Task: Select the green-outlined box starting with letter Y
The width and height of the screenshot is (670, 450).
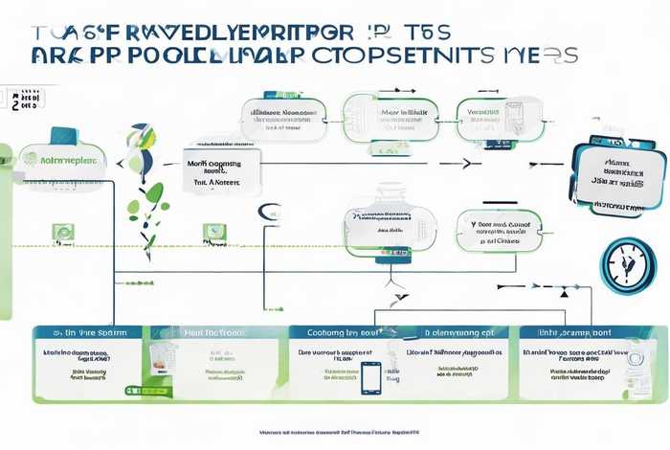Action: coord(498,230)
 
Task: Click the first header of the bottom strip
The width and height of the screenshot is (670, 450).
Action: coord(86,334)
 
